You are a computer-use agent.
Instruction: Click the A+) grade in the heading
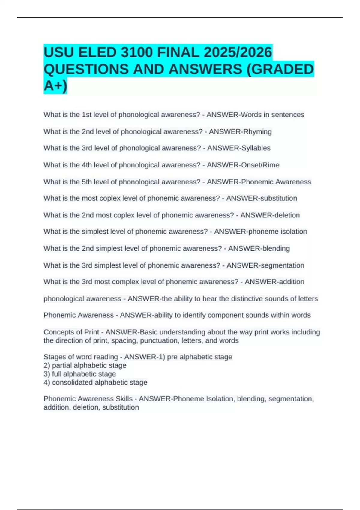click(55, 86)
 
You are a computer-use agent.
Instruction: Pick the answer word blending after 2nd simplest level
click(275, 248)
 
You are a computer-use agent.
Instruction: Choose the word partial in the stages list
click(62, 365)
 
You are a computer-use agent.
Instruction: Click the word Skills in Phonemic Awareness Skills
click(124, 399)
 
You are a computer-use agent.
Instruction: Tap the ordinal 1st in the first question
click(87, 115)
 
